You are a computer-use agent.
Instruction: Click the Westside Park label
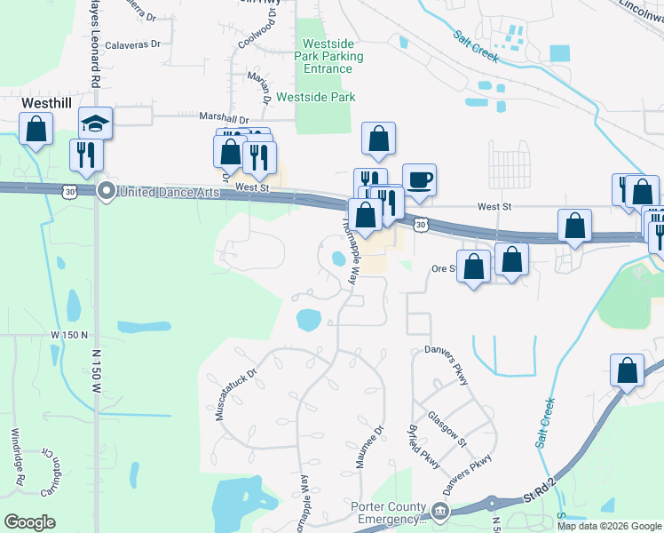point(316,97)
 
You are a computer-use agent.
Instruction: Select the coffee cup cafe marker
point(419,179)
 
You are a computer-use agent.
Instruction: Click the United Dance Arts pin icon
point(107,190)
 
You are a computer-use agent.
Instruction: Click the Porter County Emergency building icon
point(440,510)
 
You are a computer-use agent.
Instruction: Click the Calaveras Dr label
point(132,44)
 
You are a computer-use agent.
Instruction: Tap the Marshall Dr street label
point(224,118)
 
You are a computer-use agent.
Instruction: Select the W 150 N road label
point(70,335)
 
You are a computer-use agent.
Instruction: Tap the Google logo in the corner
point(29,522)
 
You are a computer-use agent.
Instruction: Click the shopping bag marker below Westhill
point(36,130)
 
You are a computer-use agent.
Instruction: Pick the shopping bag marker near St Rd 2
point(628,370)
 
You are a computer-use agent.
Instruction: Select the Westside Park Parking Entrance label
point(333,56)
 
